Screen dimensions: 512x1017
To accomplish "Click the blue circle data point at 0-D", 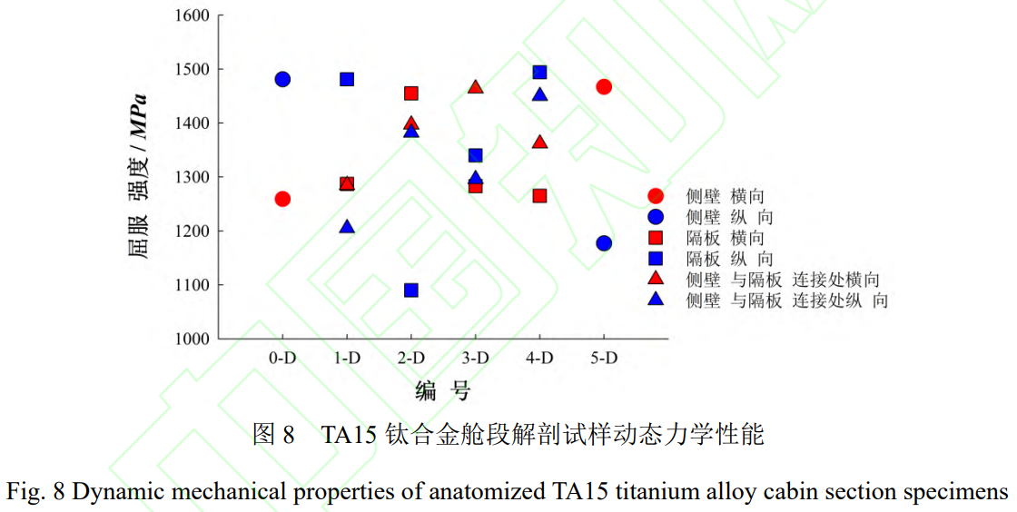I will [282, 79].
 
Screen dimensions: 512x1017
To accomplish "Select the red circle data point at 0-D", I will [282, 199].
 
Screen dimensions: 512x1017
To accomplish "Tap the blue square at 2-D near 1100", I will [411, 290].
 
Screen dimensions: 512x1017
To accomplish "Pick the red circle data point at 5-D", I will [604, 86].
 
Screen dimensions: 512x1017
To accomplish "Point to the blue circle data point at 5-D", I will [604, 242].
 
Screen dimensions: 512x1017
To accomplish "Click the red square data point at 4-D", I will [539, 195].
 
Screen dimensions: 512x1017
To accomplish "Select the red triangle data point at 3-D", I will [475, 87].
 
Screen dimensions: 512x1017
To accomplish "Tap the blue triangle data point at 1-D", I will [347, 226].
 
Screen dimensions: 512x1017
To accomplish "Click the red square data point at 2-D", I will [411, 93].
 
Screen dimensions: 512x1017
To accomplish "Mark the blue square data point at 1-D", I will [347, 79].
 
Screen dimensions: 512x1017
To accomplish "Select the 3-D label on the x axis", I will [475, 358].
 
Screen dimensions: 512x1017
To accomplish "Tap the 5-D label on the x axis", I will [604, 358].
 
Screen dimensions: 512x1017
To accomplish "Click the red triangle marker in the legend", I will [657, 280].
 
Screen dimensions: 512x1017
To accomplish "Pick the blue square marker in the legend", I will [657, 259].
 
